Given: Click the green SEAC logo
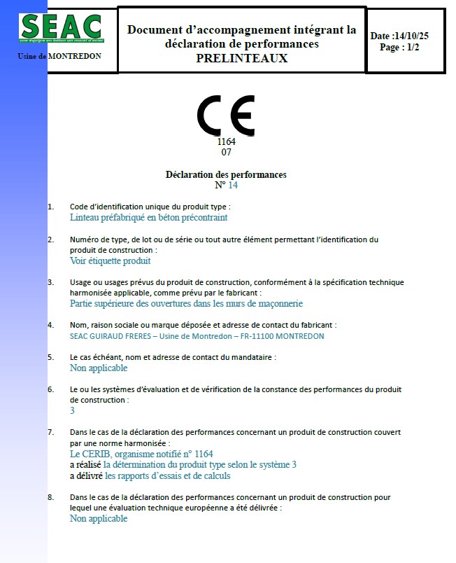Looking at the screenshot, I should pos(62,27).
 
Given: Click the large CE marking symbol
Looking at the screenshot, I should pos(226,116).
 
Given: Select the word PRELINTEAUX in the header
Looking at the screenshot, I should pos(241,59).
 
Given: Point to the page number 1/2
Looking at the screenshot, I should pos(409,48).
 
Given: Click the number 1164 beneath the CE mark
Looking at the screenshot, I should pos(226,141).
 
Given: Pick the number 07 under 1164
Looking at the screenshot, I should pos(226,152).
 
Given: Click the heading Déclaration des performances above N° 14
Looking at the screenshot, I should pos(226,174).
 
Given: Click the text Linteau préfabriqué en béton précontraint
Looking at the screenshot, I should pos(148,218).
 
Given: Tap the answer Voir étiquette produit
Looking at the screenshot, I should pos(111,261).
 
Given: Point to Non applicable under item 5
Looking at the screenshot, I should pos(99,368).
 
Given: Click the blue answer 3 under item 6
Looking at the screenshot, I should pos(72,411).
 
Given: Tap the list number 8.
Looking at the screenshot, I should pos(50,497).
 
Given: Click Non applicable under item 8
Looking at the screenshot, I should pos(99,519).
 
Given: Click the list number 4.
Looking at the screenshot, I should pos(50,325).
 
